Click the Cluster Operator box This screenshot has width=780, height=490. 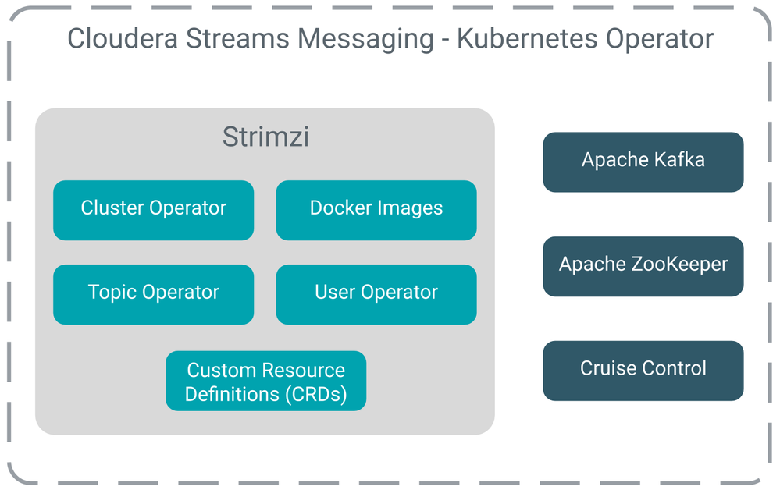click(x=153, y=210)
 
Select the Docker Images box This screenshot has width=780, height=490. click(x=376, y=210)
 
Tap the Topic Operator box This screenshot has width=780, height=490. click(x=153, y=294)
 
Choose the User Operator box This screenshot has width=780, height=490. click(x=376, y=294)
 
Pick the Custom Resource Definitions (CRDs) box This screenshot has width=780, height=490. click(x=265, y=381)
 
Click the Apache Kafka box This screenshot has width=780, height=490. click(x=643, y=162)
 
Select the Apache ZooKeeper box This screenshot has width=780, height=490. click(x=643, y=266)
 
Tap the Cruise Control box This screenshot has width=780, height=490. click(x=643, y=370)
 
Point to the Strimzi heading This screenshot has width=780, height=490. click(x=265, y=137)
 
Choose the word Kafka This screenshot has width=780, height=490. click(x=680, y=161)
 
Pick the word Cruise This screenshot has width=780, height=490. click(x=604, y=368)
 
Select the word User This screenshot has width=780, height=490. click(x=335, y=293)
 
